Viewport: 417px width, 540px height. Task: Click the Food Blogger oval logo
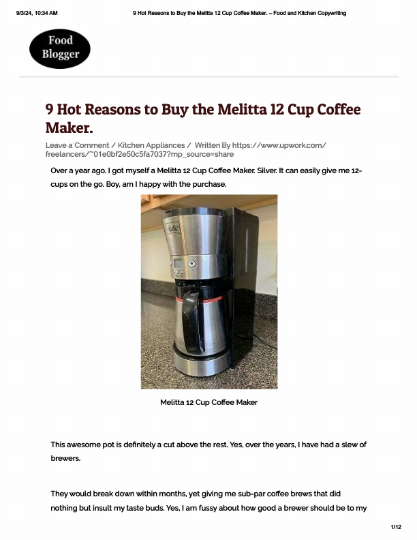click(x=60, y=47)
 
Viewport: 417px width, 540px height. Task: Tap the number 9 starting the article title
click(x=50, y=110)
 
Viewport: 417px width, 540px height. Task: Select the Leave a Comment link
click(x=77, y=145)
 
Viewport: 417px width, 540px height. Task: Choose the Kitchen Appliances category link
click(x=151, y=145)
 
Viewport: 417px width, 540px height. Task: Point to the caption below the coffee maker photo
click(x=208, y=402)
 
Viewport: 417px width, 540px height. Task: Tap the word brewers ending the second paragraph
click(x=65, y=459)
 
